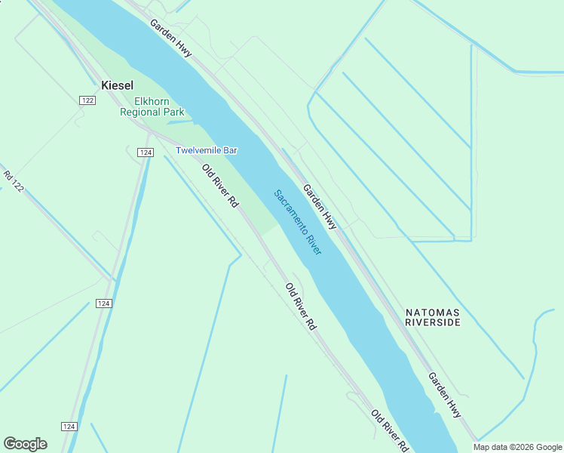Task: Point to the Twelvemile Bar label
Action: click(207, 150)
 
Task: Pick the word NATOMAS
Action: click(432, 312)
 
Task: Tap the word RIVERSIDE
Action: click(432, 322)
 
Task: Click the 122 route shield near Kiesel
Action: click(88, 100)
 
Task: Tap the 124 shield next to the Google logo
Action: click(69, 427)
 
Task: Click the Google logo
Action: click(25, 444)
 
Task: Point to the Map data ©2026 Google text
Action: click(518, 447)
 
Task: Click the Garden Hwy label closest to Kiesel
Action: click(170, 37)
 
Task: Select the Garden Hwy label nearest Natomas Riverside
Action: click(445, 395)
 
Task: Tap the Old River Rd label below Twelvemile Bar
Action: click(221, 186)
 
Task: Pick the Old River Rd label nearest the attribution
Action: click(389, 431)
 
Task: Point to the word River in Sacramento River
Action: click(312, 243)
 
